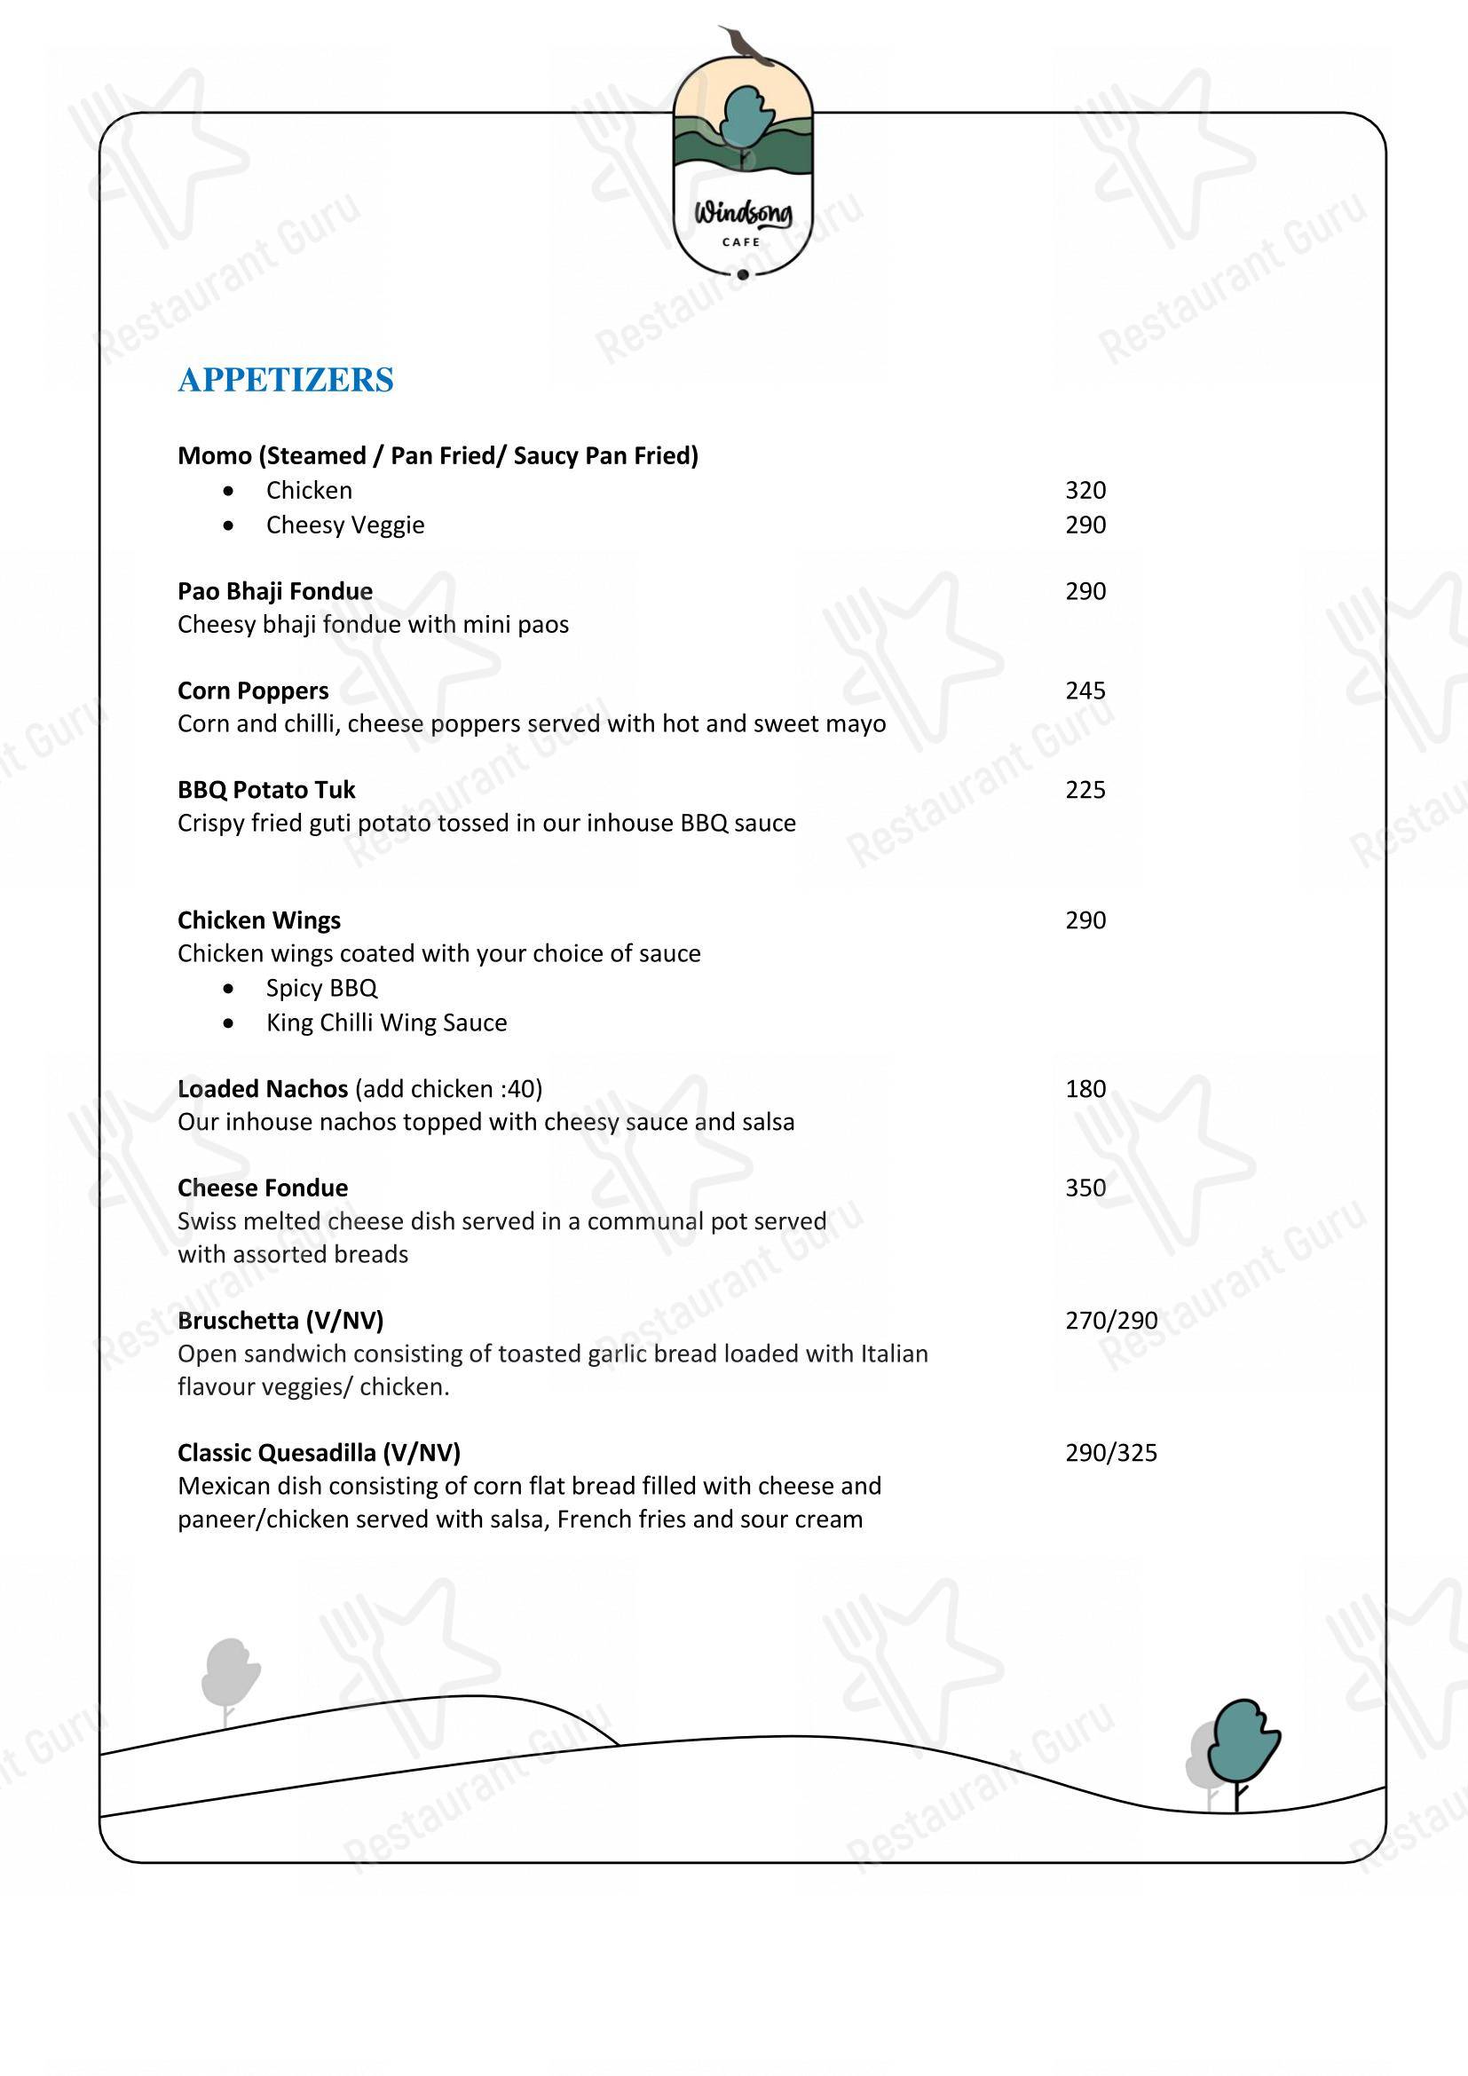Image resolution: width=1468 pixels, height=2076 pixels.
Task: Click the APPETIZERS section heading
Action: (286, 380)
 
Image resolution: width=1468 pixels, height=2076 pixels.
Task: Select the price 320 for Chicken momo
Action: (1085, 490)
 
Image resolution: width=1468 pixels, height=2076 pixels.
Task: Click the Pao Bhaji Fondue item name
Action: (275, 591)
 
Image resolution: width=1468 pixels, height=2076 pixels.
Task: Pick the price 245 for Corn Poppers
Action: (1085, 691)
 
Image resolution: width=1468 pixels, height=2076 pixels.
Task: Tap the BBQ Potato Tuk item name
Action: (265, 790)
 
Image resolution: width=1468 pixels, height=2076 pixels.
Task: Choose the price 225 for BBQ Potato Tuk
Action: (1085, 790)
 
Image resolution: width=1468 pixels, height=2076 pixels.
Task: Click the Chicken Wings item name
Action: (258, 920)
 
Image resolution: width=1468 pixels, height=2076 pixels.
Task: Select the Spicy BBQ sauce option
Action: (321, 988)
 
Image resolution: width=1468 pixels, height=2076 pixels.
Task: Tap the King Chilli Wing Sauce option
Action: (386, 1022)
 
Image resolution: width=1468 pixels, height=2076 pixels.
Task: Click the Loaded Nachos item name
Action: (262, 1089)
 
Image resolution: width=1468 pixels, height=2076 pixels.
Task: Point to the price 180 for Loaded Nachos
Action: (1085, 1089)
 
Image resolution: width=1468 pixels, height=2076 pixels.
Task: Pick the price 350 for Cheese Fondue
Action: (1085, 1188)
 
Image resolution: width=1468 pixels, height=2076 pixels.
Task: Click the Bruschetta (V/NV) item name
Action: (280, 1321)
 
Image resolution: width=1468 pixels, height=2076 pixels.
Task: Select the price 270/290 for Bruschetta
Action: (1111, 1321)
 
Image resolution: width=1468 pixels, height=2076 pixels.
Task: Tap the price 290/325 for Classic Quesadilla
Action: (1111, 1453)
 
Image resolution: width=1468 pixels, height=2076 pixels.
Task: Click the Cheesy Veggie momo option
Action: (344, 525)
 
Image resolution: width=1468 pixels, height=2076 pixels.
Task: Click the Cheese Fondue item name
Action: (262, 1188)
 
